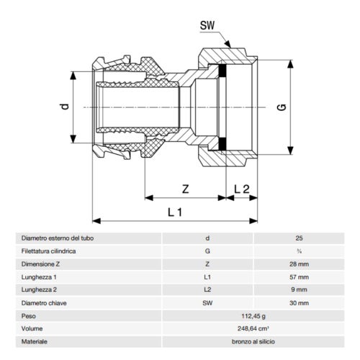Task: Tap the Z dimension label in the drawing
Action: (185, 189)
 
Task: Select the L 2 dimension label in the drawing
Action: (242, 189)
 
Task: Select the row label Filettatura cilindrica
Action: (49, 252)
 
